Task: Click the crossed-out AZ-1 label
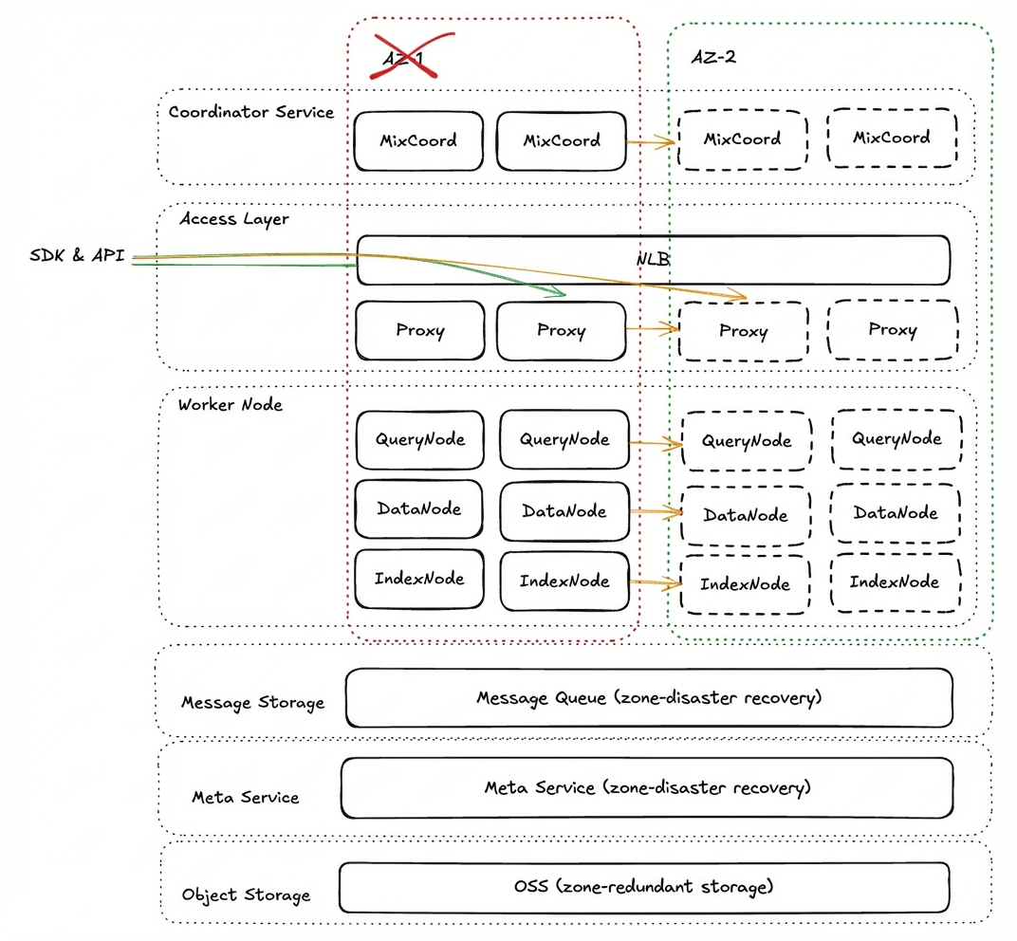point(403,59)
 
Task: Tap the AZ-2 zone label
point(713,57)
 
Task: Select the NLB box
point(653,260)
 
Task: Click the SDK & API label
point(77,255)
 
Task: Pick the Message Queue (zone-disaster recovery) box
point(649,698)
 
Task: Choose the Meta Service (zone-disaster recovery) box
point(647,788)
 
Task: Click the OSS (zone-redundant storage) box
point(644,887)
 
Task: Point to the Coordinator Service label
point(251,112)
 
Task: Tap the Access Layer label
point(234,219)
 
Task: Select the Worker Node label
point(231,405)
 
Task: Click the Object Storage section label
point(246,895)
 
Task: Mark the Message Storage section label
point(252,703)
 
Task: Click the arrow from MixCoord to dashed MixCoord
point(651,141)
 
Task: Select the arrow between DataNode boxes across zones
point(656,512)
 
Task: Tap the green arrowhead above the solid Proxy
point(557,291)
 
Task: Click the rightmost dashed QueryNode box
point(897,439)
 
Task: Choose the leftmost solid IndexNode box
point(419,580)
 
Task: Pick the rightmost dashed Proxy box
point(893,329)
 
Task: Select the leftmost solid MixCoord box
point(418,140)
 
